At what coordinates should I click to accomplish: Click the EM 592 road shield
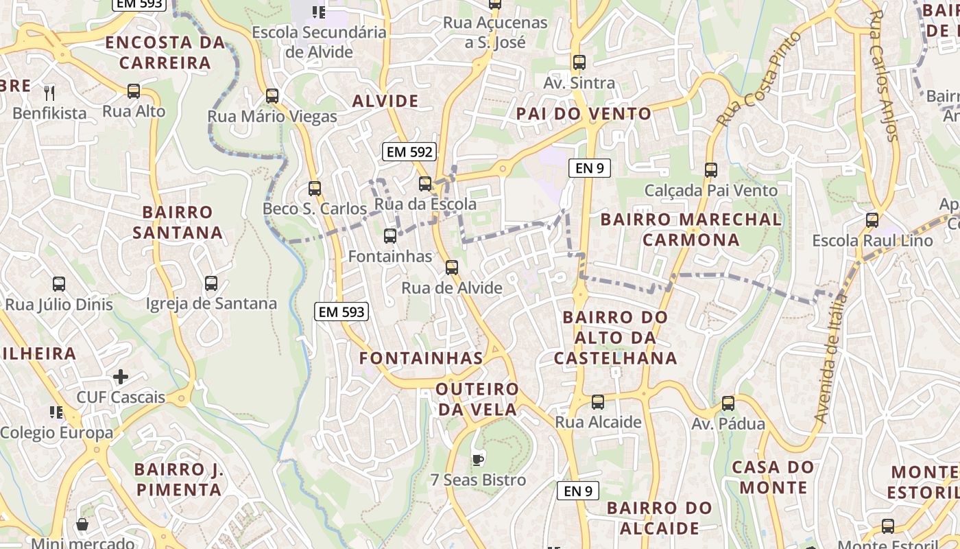(x=409, y=152)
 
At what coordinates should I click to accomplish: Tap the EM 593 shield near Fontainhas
(x=342, y=312)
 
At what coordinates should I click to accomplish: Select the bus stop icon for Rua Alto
(x=134, y=91)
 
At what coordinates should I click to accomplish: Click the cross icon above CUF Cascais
(x=121, y=377)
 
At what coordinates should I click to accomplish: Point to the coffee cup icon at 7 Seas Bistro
(x=478, y=459)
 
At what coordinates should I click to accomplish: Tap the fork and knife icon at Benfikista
(x=49, y=93)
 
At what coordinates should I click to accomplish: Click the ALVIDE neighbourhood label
(x=385, y=102)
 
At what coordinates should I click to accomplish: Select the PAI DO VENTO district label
(x=584, y=114)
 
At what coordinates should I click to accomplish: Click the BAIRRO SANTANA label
(x=178, y=222)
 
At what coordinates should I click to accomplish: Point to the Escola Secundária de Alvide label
(x=319, y=42)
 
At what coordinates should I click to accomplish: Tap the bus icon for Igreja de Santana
(x=211, y=283)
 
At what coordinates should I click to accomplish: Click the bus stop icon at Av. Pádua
(x=728, y=404)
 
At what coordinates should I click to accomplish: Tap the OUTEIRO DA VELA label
(x=478, y=399)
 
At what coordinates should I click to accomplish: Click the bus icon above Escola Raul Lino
(x=872, y=220)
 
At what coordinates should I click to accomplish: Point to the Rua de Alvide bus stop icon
(x=451, y=268)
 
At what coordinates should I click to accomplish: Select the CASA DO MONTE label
(x=773, y=478)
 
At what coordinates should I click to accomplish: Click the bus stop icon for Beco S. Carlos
(x=315, y=188)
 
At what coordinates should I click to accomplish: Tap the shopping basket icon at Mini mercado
(x=82, y=525)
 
